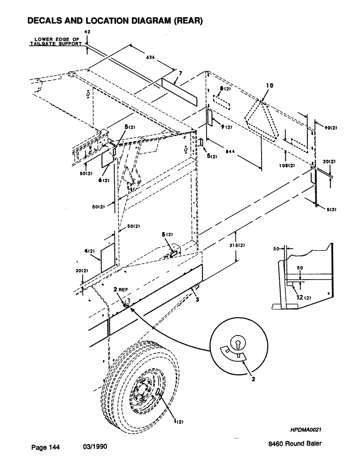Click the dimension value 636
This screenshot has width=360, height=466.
[151, 58]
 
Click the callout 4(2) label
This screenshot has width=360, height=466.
[90, 251]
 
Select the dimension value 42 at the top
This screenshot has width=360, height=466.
[87, 32]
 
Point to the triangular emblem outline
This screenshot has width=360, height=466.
[262, 122]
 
